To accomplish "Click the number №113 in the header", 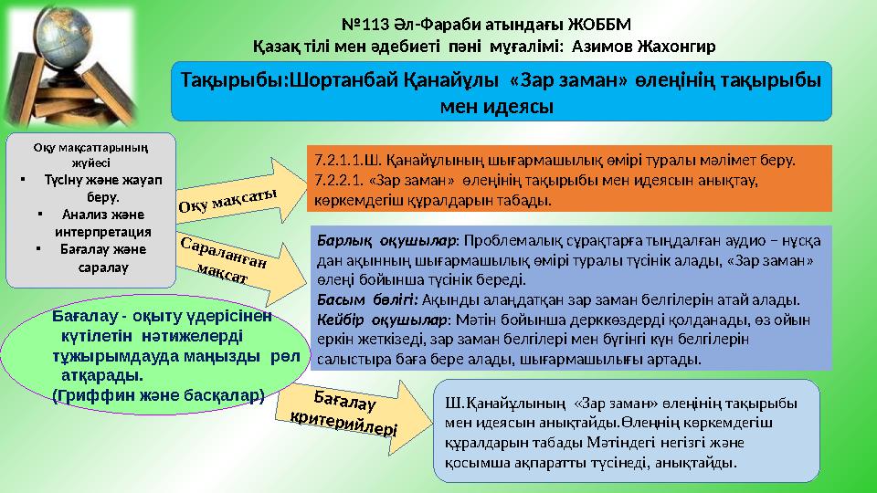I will point(361,22).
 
